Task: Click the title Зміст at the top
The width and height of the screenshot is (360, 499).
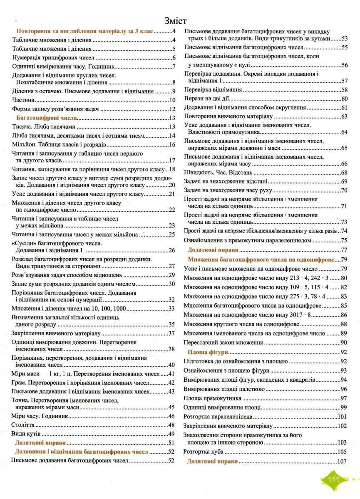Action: (x=175, y=21)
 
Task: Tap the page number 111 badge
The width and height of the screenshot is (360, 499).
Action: (x=334, y=480)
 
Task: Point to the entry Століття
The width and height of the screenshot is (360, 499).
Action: (x=23, y=425)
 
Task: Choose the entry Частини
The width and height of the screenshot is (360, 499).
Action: (x=23, y=100)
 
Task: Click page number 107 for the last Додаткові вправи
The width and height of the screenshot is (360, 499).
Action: (x=343, y=462)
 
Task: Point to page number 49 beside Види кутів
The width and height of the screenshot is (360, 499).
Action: (x=171, y=434)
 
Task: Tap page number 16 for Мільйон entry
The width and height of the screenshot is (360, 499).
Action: (x=172, y=145)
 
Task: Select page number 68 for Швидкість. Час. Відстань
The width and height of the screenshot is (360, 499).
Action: (x=344, y=173)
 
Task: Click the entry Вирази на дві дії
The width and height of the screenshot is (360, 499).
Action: (x=207, y=99)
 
